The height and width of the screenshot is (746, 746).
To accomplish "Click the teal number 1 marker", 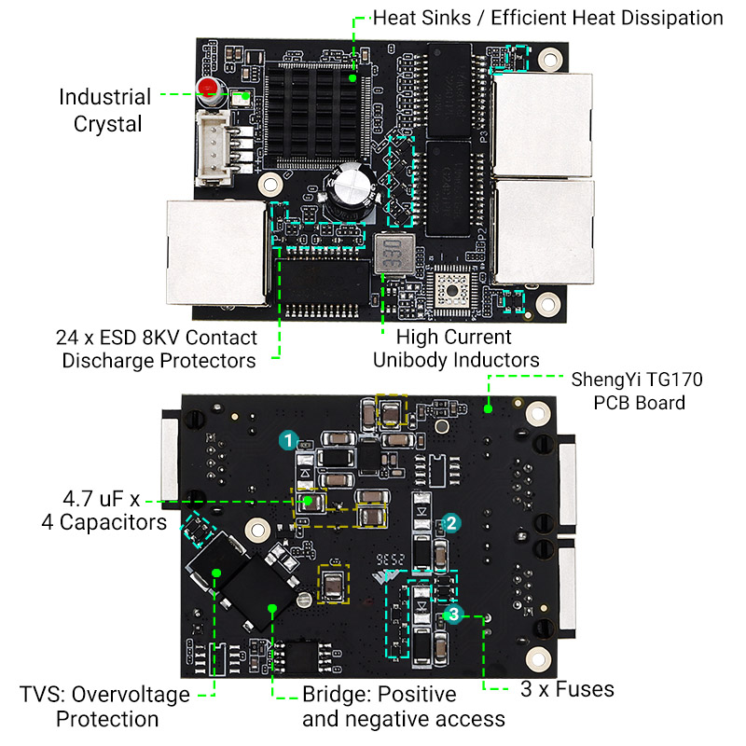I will [290, 438].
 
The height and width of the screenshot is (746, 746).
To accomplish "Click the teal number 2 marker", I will [450, 523].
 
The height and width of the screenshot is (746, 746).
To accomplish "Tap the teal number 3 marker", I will [453, 614].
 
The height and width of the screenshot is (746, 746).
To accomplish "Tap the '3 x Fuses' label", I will [567, 689].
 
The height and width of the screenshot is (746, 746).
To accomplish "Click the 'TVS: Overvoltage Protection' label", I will [105, 707].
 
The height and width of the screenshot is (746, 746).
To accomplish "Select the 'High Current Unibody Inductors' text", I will [455, 349].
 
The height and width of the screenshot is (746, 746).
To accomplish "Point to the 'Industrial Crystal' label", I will [105, 110].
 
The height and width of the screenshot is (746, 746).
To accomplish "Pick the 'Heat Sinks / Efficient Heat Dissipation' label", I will [547, 18].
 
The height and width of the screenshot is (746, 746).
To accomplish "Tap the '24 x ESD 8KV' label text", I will [158, 349].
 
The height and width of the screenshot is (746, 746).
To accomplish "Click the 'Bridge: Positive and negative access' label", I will [403, 707].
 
